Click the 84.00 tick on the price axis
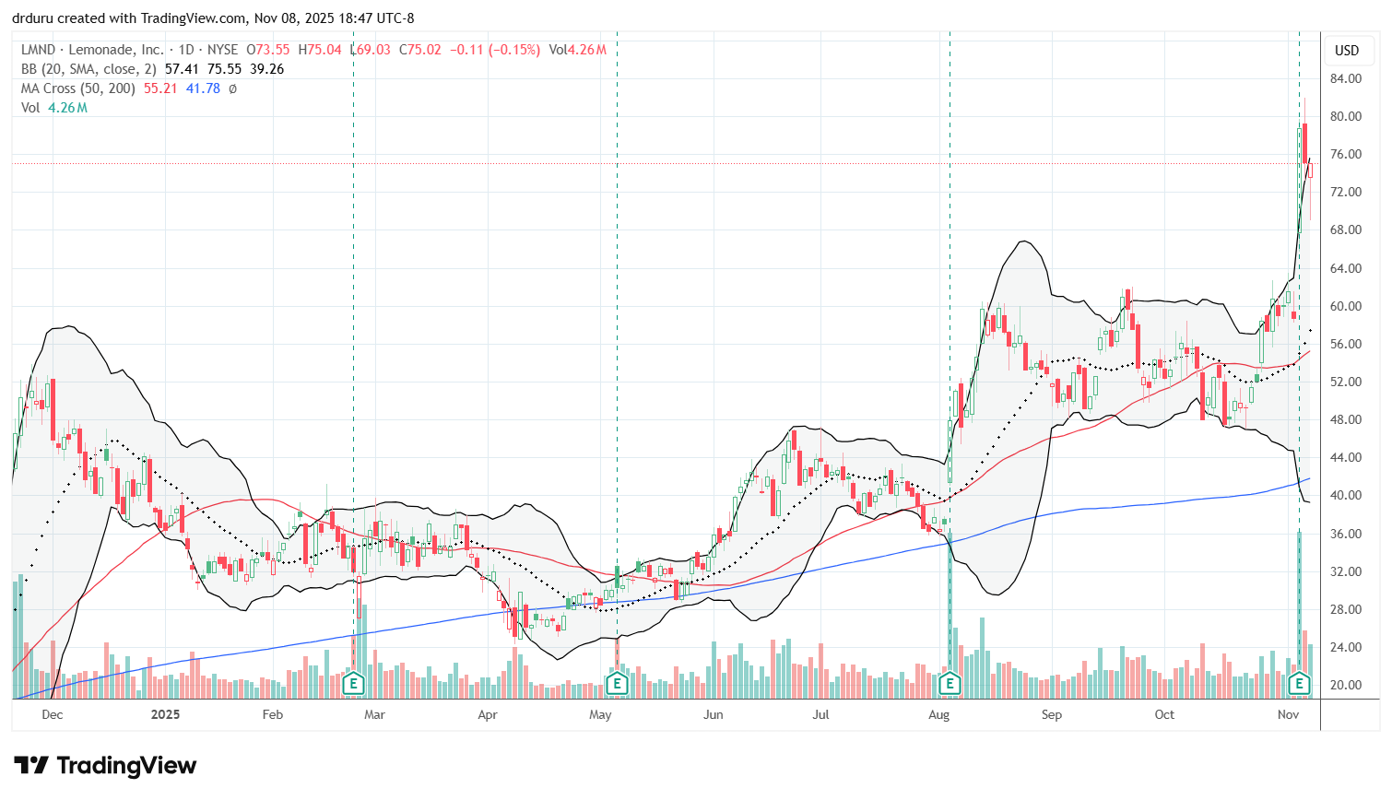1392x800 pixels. pyautogui.click(x=1346, y=78)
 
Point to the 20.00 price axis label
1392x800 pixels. pyautogui.click(x=1346, y=685)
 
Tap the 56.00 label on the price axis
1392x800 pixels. pyautogui.click(x=1346, y=344)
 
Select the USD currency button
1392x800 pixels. pyautogui.click(x=1347, y=51)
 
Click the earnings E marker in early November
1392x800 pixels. pyautogui.click(x=1299, y=684)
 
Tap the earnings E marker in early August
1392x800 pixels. pyautogui.click(x=950, y=684)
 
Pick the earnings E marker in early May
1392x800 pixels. pyautogui.click(x=617, y=684)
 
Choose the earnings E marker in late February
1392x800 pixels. pyautogui.click(x=353, y=684)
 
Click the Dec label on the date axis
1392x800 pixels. pyautogui.click(x=53, y=714)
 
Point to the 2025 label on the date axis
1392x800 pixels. pyautogui.click(x=165, y=714)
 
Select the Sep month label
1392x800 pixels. pyautogui.click(x=1052, y=714)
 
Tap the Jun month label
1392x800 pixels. pyautogui.click(x=713, y=714)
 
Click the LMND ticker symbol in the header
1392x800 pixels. pyautogui.click(x=39, y=50)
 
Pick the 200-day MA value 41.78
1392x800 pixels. pyautogui.click(x=203, y=88)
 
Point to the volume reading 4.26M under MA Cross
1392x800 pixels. pyautogui.click(x=67, y=108)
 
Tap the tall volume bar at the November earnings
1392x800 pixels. pyautogui.click(x=1299, y=599)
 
